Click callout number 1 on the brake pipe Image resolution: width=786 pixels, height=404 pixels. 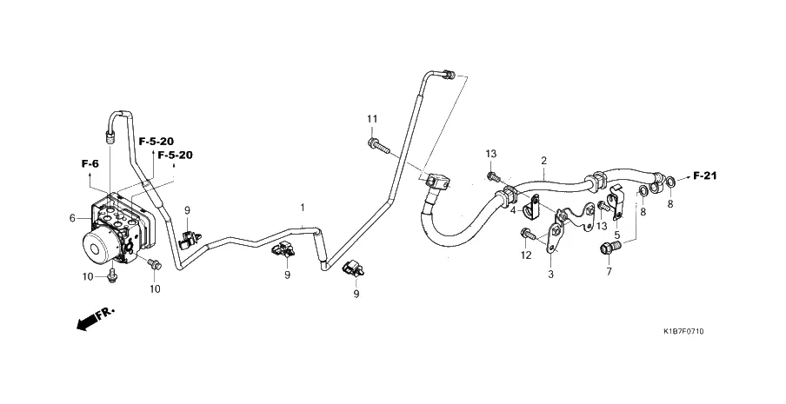303,209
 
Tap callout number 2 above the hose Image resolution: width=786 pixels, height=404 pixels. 543,161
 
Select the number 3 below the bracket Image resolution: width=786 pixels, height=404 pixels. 550,274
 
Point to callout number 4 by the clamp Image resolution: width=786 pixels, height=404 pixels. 513,209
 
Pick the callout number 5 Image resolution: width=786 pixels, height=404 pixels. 616,235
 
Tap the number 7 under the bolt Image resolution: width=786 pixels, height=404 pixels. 609,272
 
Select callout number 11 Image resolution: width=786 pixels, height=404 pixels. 371,118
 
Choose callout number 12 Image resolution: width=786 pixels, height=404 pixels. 525,255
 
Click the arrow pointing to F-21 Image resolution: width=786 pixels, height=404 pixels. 683,176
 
